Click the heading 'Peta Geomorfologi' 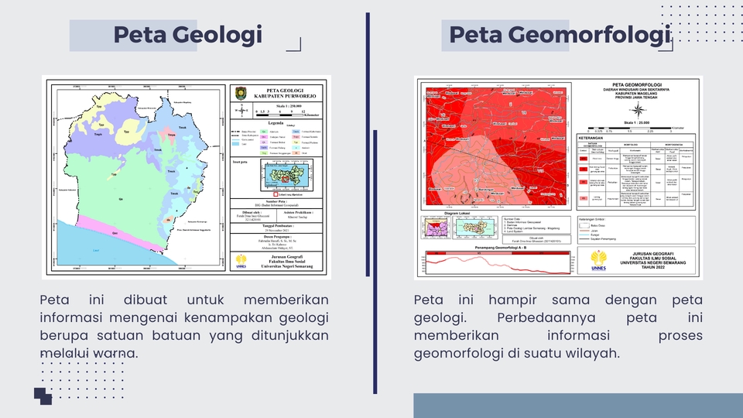[559, 35]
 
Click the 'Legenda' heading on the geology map [276, 123]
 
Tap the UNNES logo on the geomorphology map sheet [598, 260]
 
